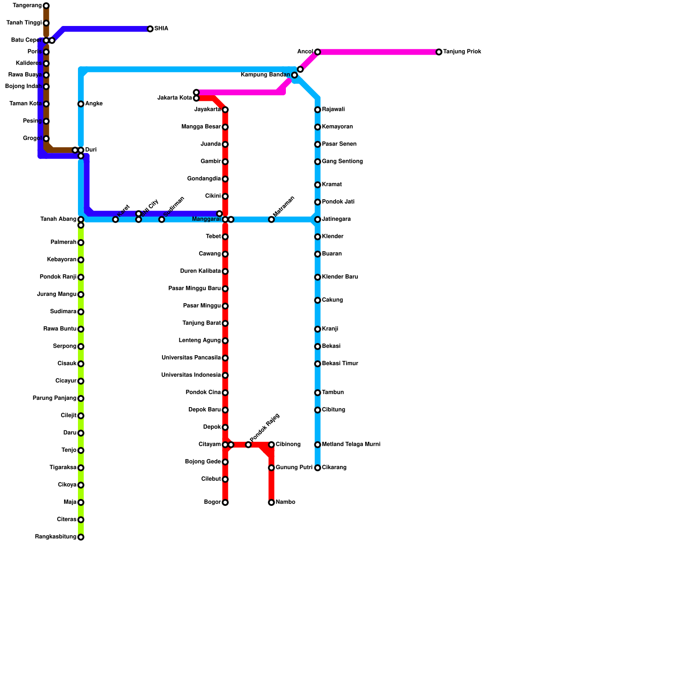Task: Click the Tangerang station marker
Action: click(46, 6)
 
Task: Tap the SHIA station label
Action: click(161, 29)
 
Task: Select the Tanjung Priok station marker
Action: click(439, 52)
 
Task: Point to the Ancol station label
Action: click(305, 52)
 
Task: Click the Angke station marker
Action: click(81, 104)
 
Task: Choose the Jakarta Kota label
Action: click(174, 98)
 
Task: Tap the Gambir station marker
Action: click(225, 162)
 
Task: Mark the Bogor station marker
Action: click(225, 502)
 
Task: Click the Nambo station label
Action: click(285, 502)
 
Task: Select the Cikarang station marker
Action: click(317, 468)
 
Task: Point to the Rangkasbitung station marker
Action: click(81, 537)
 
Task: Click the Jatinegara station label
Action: click(336, 219)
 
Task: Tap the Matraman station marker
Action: click(271, 220)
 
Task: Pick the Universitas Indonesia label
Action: click(191, 375)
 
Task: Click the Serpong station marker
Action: click(81, 346)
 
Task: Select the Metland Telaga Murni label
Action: click(351, 444)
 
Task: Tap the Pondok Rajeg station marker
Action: click(248, 445)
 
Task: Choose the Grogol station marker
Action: click(46, 139)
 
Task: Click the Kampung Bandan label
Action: click(265, 75)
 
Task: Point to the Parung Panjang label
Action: click(55, 398)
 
